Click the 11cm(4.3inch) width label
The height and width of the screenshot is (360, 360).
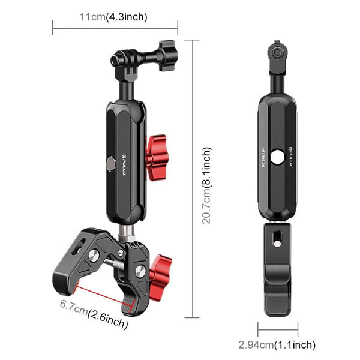(x=113, y=16)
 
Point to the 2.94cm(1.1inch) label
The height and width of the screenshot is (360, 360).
(x=277, y=344)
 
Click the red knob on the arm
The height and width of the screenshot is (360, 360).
(x=158, y=152)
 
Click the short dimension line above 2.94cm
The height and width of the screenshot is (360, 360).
(x=278, y=328)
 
